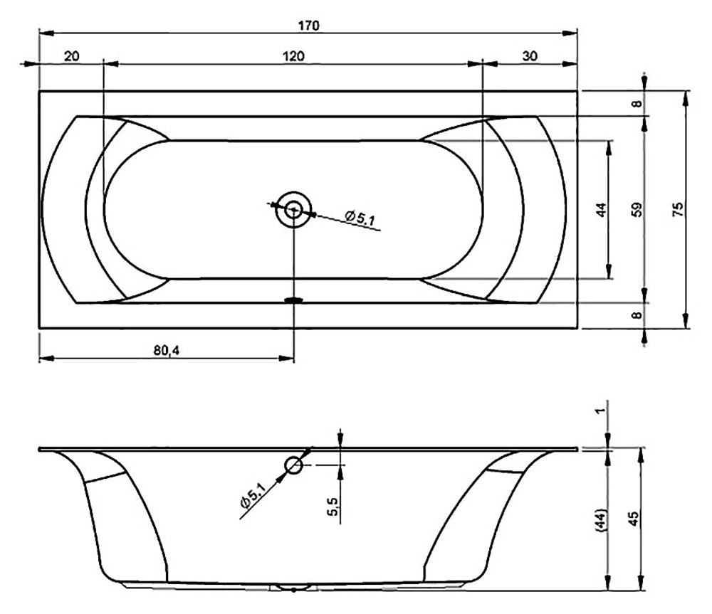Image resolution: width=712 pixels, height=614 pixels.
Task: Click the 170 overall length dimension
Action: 309,26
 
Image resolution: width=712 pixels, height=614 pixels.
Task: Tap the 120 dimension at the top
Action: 293,56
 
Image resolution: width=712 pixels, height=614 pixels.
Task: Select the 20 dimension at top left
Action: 71,56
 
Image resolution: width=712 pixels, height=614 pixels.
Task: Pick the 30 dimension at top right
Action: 530,56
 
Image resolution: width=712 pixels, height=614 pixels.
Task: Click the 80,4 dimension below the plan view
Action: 166,350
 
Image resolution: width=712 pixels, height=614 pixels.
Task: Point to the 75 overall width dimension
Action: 677,209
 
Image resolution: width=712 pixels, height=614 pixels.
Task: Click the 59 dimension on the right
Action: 637,209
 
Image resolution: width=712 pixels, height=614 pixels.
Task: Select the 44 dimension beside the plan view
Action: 601,210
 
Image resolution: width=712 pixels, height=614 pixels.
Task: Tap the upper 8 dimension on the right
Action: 637,103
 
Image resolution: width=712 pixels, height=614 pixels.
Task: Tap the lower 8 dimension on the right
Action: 637,314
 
